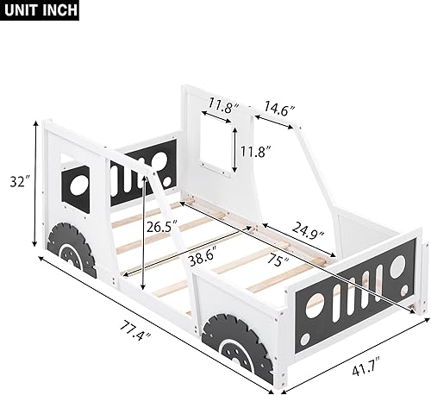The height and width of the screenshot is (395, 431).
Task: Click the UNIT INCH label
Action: [x=41, y=11]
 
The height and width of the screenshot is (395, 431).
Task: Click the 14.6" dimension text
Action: [x=280, y=110]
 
